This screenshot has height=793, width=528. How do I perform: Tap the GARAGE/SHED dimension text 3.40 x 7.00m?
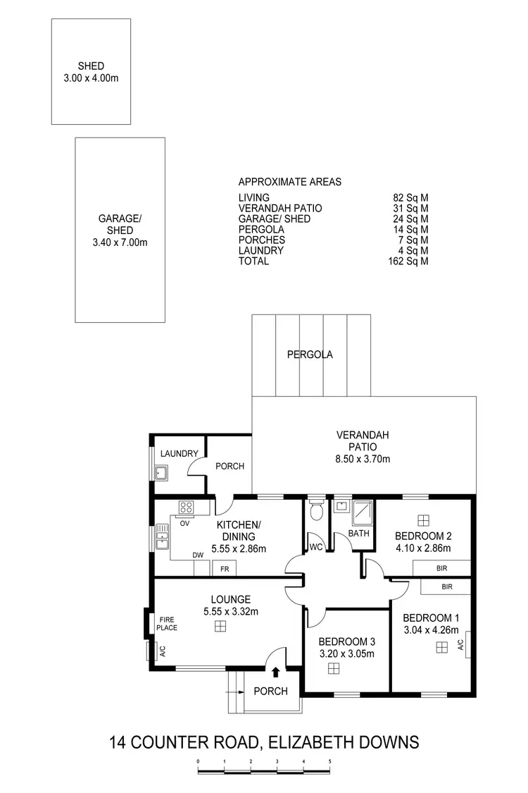[x=120, y=242]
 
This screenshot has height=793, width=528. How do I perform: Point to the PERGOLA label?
[x=310, y=355]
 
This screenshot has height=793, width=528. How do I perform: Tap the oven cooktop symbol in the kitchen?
[x=186, y=506]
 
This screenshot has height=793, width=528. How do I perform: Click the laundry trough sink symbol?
[x=161, y=472]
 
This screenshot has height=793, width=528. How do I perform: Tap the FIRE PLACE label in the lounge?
[x=167, y=623]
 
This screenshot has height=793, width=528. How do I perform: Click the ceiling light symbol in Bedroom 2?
[x=423, y=520]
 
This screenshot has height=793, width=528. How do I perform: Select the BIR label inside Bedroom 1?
[x=447, y=586]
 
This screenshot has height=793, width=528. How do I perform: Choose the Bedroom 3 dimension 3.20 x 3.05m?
[x=346, y=653]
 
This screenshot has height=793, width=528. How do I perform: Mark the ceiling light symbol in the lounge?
[x=221, y=627]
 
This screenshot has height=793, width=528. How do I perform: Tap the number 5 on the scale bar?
[x=329, y=761]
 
